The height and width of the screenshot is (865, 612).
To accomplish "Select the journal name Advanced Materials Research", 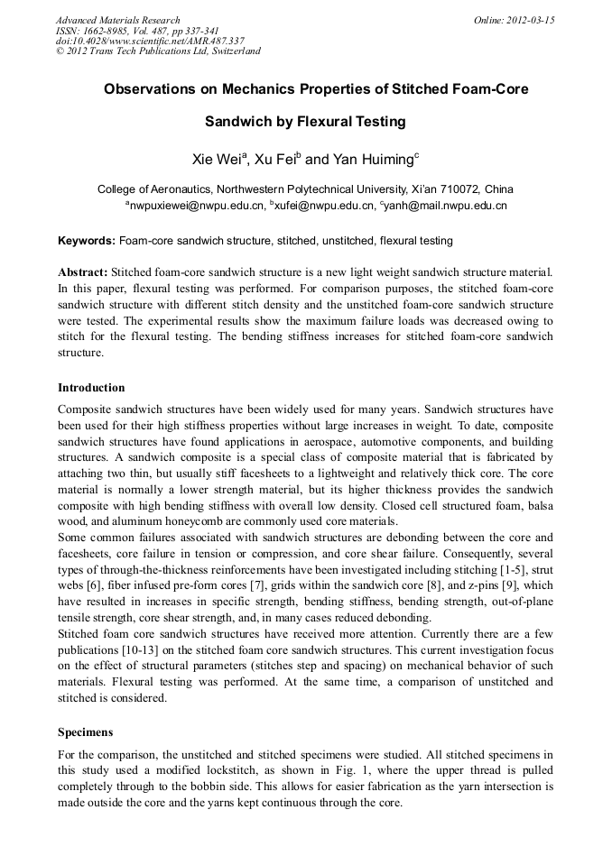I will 117,20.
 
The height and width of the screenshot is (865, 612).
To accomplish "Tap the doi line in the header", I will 150,41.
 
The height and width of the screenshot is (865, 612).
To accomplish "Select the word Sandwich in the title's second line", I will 237,121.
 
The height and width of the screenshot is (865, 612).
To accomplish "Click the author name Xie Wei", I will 215,160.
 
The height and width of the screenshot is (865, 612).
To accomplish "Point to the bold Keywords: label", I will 87,241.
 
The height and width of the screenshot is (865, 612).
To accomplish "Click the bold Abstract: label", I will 83,271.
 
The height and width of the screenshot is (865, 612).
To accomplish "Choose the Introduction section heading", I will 91,388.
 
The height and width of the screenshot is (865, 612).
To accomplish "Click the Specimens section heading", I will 85,733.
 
